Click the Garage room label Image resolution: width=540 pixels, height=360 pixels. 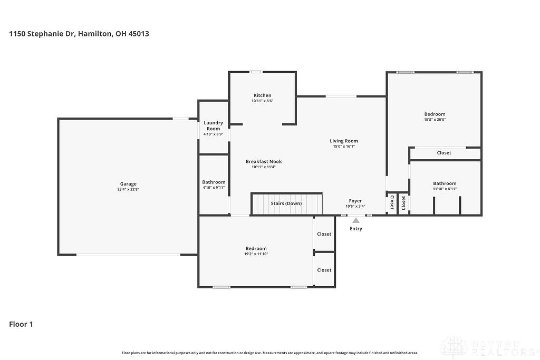[x=128, y=184]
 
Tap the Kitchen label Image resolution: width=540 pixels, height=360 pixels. [x=263, y=95]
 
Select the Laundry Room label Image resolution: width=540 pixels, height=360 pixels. [x=214, y=125]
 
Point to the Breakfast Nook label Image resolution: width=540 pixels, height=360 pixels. [x=264, y=161]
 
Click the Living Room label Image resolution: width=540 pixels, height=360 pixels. [x=344, y=141]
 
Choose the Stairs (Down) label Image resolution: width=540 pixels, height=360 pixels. [x=286, y=203]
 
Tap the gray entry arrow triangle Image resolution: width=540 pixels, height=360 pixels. [x=356, y=220]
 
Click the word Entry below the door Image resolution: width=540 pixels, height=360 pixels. [x=356, y=229]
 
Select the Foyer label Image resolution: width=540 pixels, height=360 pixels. [x=355, y=201]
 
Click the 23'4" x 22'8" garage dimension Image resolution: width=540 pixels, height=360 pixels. [x=128, y=189]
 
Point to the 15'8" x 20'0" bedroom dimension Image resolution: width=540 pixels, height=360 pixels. [x=435, y=120]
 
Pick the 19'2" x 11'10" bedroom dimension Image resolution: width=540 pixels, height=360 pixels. [x=256, y=254]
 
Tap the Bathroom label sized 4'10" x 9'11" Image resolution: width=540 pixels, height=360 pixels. [x=214, y=182]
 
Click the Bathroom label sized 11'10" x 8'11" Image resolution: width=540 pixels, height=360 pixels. [x=445, y=183]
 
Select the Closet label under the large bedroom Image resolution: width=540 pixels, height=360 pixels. [x=444, y=153]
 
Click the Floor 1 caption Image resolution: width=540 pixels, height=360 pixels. [x=21, y=324]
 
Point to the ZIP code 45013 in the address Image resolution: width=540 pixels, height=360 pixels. [x=139, y=34]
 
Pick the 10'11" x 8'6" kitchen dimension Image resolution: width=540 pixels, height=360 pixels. [x=263, y=101]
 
